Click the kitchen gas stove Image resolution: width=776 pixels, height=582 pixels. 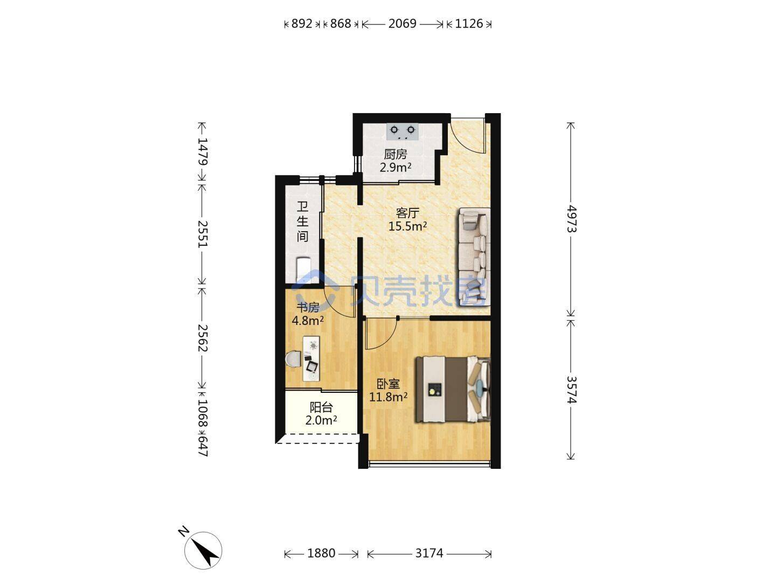(x=403, y=131)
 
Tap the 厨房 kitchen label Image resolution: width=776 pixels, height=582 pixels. (x=396, y=155)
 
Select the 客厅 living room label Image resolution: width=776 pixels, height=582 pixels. (x=407, y=213)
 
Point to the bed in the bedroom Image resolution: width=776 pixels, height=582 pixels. (x=453, y=389)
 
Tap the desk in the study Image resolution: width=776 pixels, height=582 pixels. (x=311, y=359)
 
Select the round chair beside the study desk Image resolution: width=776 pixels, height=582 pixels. (x=293, y=359)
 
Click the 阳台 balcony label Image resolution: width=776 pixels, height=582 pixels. (x=321, y=407)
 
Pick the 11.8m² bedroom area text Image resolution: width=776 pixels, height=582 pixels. (x=388, y=397)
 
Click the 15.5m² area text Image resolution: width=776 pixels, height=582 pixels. (x=407, y=226)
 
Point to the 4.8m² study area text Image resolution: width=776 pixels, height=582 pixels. (x=308, y=321)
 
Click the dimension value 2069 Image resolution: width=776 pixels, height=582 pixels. (x=403, y=24)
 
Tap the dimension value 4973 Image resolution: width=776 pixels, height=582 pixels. (x=571, y=219)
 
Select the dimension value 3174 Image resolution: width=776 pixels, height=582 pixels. (x=429, y=553)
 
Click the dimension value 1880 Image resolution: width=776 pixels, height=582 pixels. (x=321, y=553)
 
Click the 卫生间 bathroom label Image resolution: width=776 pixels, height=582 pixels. (x=303, y=221)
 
